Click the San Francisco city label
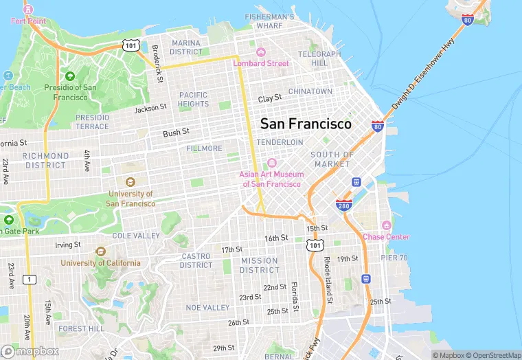coord(306,124)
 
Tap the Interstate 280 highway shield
coord(345,205)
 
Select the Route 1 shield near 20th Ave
coord(29,279)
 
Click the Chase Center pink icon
coord(386,226)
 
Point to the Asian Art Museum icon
coord(271,163)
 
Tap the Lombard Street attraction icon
coord(261,52)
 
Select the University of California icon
coord(101,251)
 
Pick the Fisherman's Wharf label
coord(270,21)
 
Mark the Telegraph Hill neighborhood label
coord(319,58)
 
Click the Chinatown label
coord(310,91)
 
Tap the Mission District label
coord(260,265)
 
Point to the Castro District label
coord(196,261)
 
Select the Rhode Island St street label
coord(328,280)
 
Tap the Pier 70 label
coord(394,258)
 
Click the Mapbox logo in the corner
coord(30,351)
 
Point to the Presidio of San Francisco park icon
coord(70,76)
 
